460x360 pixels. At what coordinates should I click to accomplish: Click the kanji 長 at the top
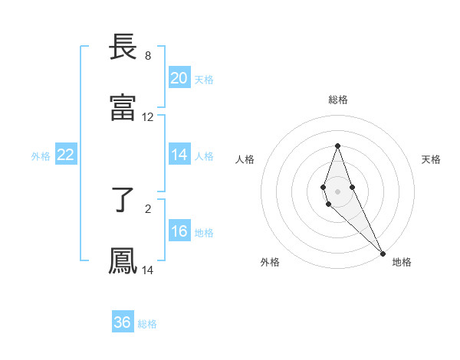click(123, 48)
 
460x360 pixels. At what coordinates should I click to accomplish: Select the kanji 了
click(123, 201)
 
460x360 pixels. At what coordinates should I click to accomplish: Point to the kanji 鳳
click(123, 261)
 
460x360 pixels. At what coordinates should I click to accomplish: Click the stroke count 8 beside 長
click(147, 56)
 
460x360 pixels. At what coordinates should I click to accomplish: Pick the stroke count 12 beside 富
click(147, 117)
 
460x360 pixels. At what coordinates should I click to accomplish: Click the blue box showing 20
click(179, 78)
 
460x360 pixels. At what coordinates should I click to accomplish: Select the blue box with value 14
click(179, 155)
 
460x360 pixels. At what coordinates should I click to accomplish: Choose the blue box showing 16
click(179, 231)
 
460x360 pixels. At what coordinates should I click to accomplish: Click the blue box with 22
click(65, 155)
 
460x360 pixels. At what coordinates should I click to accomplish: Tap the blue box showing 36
click(122, 322)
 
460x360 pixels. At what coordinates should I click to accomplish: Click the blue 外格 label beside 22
click(41, 156)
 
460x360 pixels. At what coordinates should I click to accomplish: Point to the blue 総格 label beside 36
click(147, 324)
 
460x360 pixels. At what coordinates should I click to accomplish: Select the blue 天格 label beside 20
click(203, 80)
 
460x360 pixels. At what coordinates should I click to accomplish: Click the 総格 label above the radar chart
click(337, 100)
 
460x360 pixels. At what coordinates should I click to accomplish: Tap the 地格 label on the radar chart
click(402, 262)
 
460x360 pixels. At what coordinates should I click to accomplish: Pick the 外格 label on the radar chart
click(270, 262)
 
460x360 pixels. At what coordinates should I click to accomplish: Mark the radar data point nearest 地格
click(383, 253)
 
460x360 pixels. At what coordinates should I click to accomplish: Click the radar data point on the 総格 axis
click(337, 146)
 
